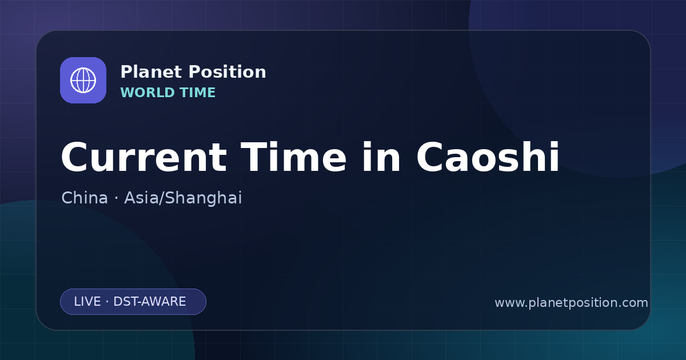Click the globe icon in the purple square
(83, 80)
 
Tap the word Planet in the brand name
(151, 72)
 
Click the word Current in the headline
(144, 157)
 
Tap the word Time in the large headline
(293, 157)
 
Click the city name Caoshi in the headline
(488, 157)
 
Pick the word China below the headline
(85, 198)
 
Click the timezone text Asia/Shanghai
(183, 198)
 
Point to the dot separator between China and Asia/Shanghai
(116, 198)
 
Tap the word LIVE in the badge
(87, 302)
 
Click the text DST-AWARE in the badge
(150, 302)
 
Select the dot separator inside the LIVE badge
(107, 302)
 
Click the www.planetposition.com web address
(572, 303)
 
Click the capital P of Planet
(126, 72)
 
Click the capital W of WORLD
(127, 93)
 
